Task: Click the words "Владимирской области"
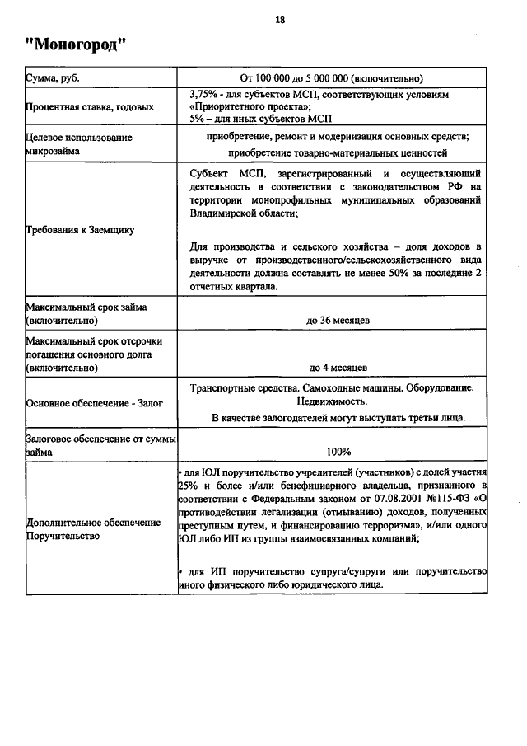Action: [x=244, y=213]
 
